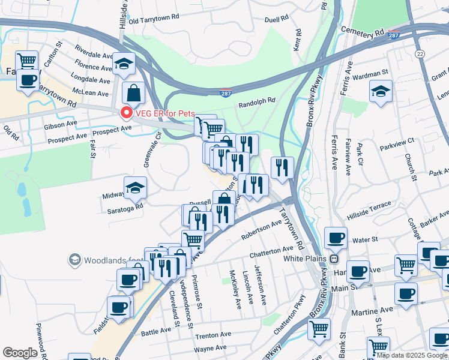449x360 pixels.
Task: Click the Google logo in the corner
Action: click(x=20, y=353)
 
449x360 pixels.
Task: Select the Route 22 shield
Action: click(x=420, y=55)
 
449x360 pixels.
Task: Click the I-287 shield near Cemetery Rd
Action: click(x=394, y=35)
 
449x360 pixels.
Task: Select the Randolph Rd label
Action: click(x=256, y=102)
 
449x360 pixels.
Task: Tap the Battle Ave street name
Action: click(x=156, y=331)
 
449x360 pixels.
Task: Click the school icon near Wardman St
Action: click(x=381, y=92)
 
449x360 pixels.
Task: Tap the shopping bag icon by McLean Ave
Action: click(x=133, y=93)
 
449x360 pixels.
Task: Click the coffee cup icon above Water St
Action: click(x=336, y=238)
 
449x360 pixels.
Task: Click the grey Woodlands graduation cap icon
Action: click(x=74, y=260)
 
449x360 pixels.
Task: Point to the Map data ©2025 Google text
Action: click(x=411, y=355)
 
